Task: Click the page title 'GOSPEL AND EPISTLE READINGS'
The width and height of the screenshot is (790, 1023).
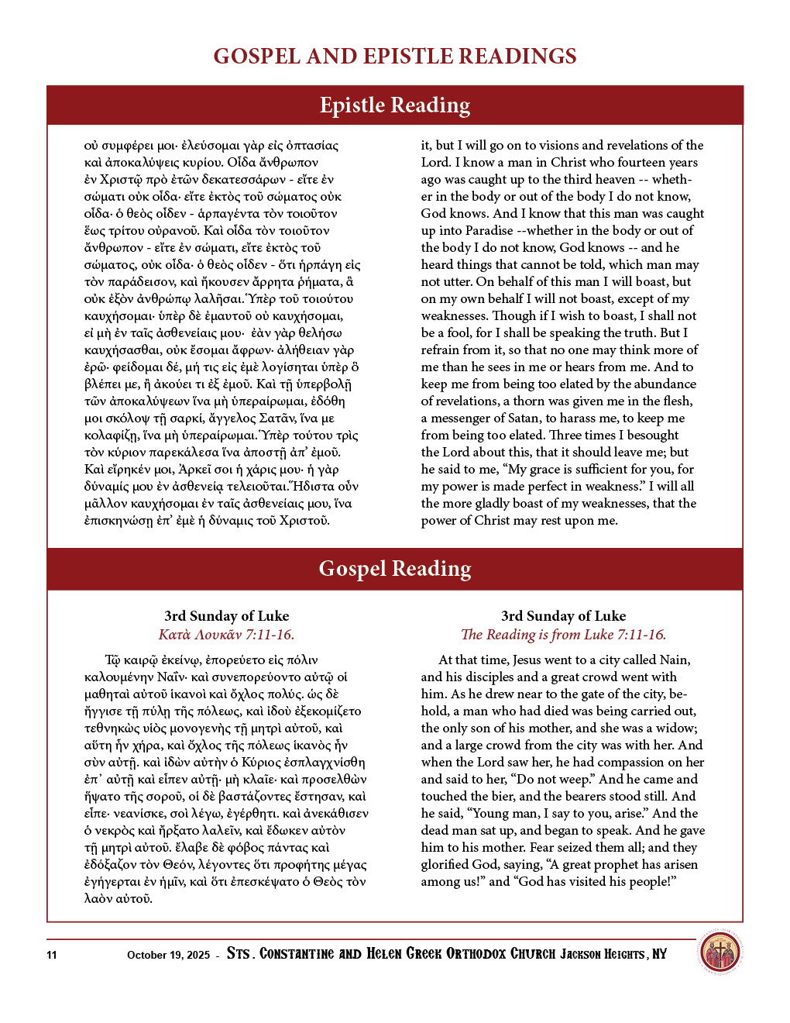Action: [395, 57]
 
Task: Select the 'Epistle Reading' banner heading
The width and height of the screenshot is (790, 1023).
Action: [395, 105]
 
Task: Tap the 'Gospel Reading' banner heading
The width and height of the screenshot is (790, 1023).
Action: [395, 569]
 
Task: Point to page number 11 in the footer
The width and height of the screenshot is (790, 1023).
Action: [52, 955]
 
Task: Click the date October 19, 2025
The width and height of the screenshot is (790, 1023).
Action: [168, 955]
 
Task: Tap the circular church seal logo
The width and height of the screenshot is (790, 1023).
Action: [720, 952]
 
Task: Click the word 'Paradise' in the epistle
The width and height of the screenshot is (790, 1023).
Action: [489, 231]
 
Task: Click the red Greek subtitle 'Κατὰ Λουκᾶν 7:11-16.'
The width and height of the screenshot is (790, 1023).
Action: [226, 635]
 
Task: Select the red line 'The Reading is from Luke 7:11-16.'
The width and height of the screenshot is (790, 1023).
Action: [563, 635]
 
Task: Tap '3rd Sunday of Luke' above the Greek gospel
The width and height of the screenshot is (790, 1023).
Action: [226, 616]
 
